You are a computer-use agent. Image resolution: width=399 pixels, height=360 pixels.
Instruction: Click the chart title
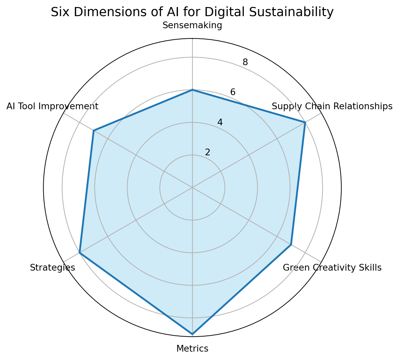pyautogui.click(x=192, y=12)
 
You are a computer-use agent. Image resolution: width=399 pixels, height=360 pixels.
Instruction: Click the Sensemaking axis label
pyautogui.click(x=192, y=26)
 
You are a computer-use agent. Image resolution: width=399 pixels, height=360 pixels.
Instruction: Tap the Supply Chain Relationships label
pyautogui.click(x=332, y=107)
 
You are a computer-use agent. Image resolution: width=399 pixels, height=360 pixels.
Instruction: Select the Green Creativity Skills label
pyautogui.click(x=332, y=268)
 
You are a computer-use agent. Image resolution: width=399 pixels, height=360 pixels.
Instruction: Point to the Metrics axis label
pyautogui.click(x=192, y=349)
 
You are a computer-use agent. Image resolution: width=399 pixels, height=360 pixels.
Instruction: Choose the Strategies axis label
pyautogui.click(x=52, y=268)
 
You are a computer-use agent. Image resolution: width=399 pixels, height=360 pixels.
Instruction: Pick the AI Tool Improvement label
pyautogui.click(x=52, y=107)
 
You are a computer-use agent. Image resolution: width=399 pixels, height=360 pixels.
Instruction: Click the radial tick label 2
pyautogui.click(x=208, y=152)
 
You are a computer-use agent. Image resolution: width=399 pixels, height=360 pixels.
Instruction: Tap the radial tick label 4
pyautogui.click(x=220, y=122)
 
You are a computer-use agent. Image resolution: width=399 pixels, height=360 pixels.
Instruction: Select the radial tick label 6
pyautogui.click(x=232, y=92)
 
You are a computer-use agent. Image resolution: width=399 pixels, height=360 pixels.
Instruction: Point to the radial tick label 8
pyautogui.click(x=245, y=62)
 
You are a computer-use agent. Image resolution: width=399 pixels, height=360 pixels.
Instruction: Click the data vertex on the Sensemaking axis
pyautogui.click(x=192, y=90)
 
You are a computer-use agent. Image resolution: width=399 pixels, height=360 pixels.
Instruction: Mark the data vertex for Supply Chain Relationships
pyautogui.click(x=305, y=122)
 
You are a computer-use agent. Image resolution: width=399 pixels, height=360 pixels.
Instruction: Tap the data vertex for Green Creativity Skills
pyautogui.click(x=291, y=244)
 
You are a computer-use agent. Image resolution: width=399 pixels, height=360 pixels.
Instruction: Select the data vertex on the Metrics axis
pyautogui.click(x=192, y=334)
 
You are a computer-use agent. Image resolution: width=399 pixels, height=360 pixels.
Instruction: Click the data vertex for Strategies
pyautogui.click(x=79, y=253)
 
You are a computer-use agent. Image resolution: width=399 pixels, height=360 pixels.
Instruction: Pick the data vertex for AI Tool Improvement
pyautogui.click(x=93, y=130)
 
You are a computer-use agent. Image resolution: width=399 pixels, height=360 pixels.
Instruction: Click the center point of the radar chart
pyautogui.click(x=192, y=188)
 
